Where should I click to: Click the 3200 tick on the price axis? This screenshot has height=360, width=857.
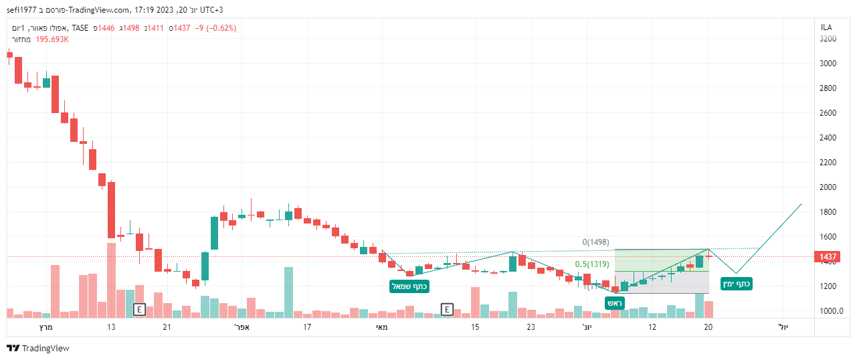828,39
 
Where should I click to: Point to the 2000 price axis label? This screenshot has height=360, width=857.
828,187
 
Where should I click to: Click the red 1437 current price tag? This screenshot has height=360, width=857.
829,257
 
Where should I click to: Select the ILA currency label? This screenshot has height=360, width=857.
826,27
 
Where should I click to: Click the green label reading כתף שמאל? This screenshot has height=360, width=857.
409,286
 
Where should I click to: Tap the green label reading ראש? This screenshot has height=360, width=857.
615,303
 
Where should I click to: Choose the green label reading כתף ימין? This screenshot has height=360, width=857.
736,284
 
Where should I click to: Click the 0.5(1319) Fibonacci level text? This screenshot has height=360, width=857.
592,264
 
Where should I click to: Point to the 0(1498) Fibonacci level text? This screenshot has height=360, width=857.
595,242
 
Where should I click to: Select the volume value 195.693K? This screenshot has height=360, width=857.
53,39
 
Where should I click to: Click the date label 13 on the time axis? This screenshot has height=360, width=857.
111,327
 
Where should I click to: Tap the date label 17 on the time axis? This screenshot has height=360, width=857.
307,327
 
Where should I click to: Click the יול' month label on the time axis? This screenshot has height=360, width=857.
783,327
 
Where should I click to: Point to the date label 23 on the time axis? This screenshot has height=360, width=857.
531,327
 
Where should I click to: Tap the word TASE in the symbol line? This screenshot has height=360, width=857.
80,28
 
